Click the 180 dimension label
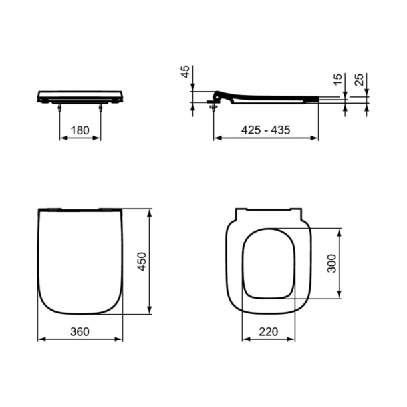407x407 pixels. tap(80, 130)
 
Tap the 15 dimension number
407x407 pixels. tap(337, 80)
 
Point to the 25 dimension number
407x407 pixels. tap(360, 80)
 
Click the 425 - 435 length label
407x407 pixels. tap(265, 130)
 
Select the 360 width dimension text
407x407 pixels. tap(80, 331)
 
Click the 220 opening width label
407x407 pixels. tap(268, 331)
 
